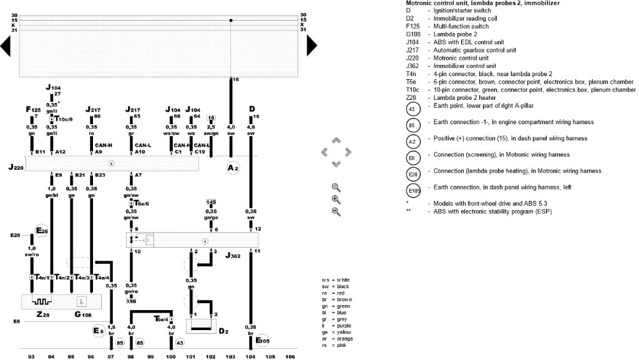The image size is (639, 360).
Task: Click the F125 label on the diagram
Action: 33,109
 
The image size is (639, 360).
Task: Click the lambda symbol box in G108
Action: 81,301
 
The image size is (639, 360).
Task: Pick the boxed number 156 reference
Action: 131,301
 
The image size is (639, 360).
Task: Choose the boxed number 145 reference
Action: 211,202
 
